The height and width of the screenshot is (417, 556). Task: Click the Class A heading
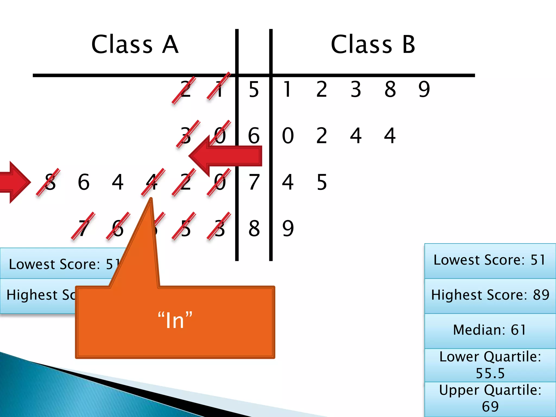pos(135,45)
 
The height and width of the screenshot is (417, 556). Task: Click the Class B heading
pos(373,45)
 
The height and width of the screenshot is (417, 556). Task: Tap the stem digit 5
pos(254,89)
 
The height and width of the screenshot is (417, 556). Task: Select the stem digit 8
pos(254,228)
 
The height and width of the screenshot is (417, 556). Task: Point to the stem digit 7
pos(254,182)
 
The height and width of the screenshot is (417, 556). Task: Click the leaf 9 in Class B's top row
pos(424,89)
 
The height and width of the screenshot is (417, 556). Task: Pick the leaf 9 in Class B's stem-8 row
pos(288,228)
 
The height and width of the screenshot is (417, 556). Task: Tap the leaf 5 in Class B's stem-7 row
pos(322,182)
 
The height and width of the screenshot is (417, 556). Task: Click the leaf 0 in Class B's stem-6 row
pos(288,135)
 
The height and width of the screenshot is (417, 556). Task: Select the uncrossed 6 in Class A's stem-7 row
pos(84,182)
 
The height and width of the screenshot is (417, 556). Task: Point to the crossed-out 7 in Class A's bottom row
pos(84,228)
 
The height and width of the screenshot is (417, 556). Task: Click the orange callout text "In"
pos(175,321)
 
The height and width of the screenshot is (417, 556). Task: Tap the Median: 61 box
pos(490,330)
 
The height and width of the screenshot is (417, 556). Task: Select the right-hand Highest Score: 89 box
pos(490,295)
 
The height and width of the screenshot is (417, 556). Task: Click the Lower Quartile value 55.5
pos(490,373)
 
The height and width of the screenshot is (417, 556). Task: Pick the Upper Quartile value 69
pos(490,406)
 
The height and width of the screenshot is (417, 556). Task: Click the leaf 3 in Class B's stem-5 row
pos(356,89)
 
